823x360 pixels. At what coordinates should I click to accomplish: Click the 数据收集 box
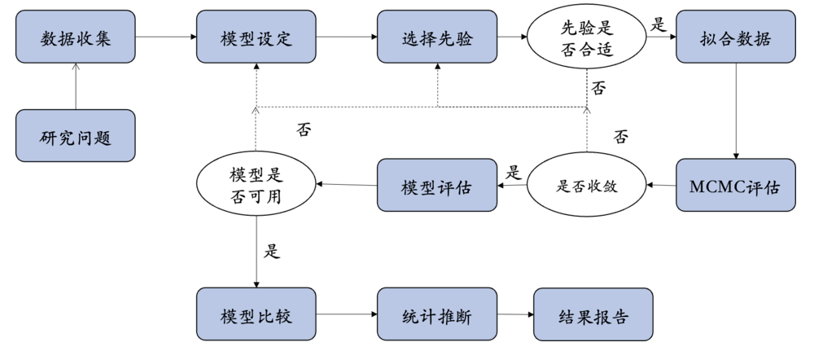pos(76,37)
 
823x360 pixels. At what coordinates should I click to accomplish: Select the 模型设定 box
pos(256,37)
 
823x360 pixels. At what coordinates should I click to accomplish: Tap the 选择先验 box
pos(437,37)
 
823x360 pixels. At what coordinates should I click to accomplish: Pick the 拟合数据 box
pos(736,37)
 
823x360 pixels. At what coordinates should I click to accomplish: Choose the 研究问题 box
pos(76,136)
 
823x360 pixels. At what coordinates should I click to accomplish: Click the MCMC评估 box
pos(736,186)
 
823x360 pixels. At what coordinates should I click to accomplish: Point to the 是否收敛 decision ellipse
pos(587,186)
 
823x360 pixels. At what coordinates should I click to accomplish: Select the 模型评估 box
pos(437,186)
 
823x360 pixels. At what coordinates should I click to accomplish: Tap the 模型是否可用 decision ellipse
pos(256,186)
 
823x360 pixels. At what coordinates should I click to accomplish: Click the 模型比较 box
pos(256,314)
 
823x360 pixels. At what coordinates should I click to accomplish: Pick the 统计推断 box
pos(437,314)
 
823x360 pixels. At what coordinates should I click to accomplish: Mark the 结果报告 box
pos(593,314)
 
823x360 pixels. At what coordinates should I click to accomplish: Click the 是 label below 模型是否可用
pos(272,250)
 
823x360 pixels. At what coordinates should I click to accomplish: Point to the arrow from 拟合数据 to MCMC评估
pos(736,112)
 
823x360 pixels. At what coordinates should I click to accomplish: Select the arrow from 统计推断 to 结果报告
pos(515,314)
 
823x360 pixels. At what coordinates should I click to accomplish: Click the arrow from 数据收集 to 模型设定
pos(166,37)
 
